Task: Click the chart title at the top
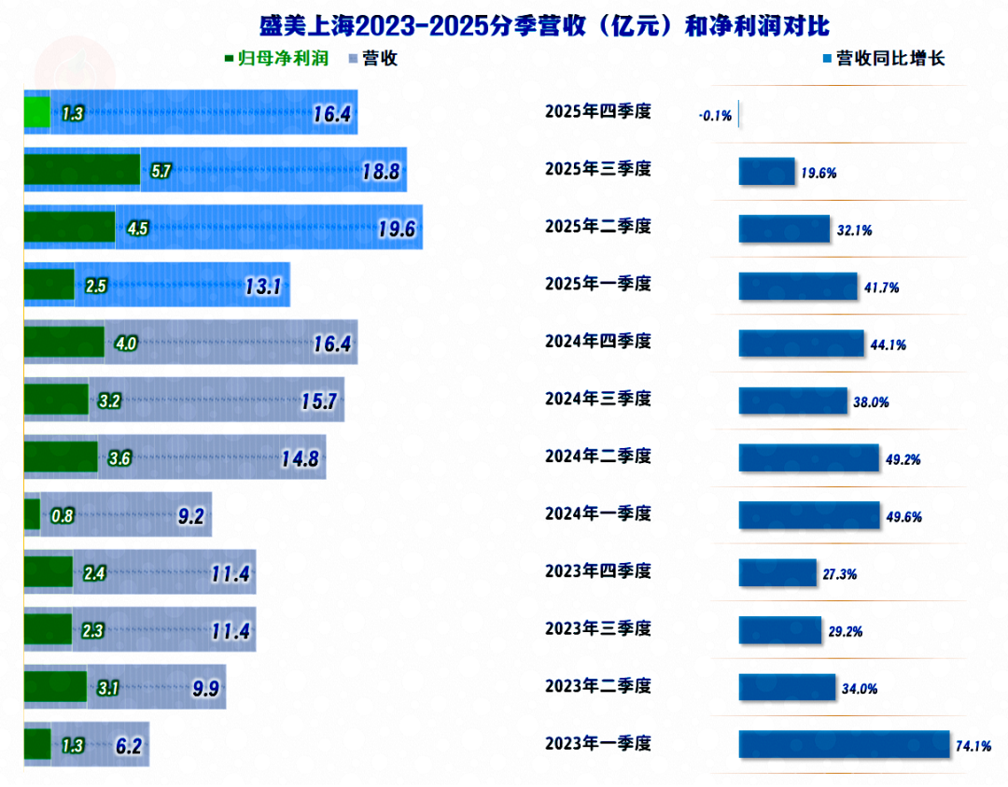544,25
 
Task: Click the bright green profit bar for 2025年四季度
36,112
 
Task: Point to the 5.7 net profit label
161,171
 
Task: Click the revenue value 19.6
396,230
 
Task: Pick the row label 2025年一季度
597,284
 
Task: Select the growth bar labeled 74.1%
844,745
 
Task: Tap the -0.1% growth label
715,116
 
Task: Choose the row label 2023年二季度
597,686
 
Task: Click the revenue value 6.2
129,747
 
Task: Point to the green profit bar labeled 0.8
32,514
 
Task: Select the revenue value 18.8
381,172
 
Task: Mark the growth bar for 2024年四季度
801,344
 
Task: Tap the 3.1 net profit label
108,690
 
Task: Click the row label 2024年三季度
597,399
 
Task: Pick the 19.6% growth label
818,174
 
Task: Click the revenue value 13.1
263,287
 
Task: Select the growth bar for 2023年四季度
777,573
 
